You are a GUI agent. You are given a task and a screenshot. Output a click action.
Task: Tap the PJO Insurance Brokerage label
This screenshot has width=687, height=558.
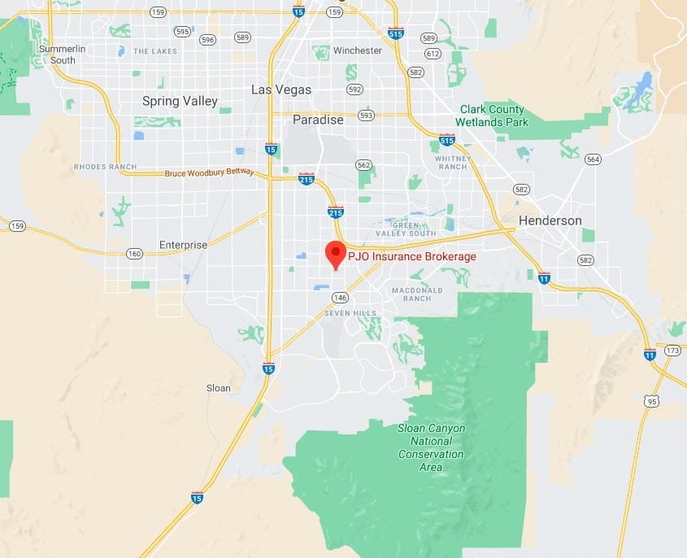click(x=412, y=257)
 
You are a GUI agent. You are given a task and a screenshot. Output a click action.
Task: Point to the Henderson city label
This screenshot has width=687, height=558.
click(x=550, y=220)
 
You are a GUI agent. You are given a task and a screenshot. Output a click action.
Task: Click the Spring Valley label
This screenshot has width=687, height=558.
click(x=180, y=101)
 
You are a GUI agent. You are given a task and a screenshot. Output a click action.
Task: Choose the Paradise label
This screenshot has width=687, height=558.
click(x=318, y=120)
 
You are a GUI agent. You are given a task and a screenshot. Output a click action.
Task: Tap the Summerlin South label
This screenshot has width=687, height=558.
click(x=63, y=54)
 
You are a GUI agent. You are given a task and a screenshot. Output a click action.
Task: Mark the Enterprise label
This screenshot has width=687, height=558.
click(x=183, y=245)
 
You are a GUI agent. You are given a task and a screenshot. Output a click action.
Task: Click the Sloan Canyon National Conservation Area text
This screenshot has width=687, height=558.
click(x=431, y=447)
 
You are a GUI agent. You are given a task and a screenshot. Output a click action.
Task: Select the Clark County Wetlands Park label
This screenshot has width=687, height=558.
click(x=494, y=116)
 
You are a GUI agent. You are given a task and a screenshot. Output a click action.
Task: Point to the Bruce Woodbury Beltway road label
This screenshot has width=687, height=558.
click(x=209, y=172)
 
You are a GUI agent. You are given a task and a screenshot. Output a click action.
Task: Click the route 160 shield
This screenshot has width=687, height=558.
click(x=135, y=254)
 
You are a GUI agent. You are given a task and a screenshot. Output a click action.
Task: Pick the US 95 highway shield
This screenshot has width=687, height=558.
click(x=651, y=401)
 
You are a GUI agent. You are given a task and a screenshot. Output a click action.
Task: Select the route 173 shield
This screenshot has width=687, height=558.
click(x=672, y=351)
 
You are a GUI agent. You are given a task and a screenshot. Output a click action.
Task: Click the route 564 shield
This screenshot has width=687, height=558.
click(x=593, y=159)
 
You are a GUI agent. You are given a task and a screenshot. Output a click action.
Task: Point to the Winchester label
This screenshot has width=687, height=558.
click(x=357, y=50)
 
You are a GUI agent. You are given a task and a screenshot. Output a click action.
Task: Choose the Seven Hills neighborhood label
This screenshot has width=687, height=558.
click(x=350, y=313)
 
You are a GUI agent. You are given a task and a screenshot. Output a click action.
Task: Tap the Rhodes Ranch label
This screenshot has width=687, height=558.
click(x=107, y=167)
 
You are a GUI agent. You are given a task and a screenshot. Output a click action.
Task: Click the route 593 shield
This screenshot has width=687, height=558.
click(x=367, y=116)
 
